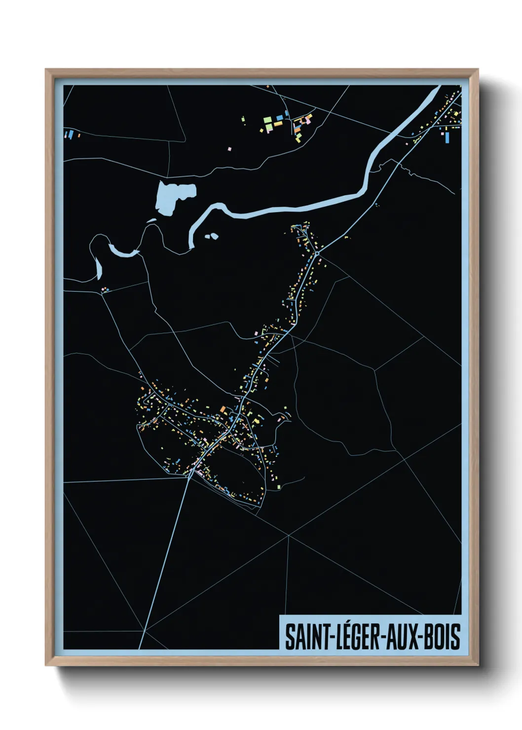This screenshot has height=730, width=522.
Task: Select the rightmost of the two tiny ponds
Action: point(214,236)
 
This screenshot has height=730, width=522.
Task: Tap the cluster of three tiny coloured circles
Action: point(104,290)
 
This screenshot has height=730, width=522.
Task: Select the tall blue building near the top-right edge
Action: point(447,137)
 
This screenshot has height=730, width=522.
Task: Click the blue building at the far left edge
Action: point(71,134)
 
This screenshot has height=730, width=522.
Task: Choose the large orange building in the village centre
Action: point(223,409)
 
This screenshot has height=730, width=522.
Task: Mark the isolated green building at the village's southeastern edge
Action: point(279,487)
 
